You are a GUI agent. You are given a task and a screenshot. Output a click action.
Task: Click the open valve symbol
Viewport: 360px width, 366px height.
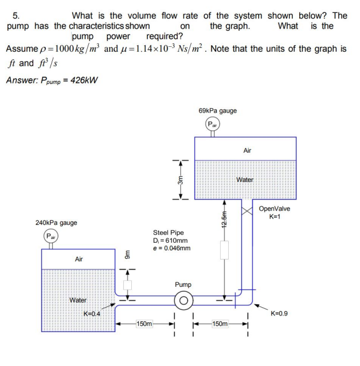(248, 210)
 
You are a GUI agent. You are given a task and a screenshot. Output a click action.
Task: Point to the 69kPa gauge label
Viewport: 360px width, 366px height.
(217, 110)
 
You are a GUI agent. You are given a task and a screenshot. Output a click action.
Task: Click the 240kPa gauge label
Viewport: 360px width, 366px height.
(56, 222)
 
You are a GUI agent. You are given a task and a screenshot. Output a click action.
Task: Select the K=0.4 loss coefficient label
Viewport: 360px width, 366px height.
(91, 313)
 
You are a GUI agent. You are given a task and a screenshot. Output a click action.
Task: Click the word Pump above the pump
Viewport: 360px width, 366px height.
(183, 284)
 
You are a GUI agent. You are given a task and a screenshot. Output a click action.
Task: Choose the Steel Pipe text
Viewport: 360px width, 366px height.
(168, 233)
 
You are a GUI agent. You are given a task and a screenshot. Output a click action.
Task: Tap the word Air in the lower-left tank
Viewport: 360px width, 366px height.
(79, 259)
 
